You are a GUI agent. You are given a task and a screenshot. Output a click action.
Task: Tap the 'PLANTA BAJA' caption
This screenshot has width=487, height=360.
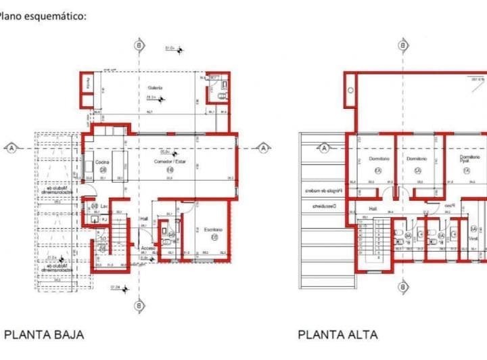45,334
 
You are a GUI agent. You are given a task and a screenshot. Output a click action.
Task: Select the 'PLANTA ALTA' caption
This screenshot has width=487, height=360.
338,334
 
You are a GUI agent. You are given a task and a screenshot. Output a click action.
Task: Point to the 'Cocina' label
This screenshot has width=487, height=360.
102,162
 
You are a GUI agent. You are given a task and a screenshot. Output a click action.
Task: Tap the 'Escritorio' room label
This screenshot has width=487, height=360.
214,230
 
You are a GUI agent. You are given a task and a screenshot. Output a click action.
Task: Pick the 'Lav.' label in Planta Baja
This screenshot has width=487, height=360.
105,206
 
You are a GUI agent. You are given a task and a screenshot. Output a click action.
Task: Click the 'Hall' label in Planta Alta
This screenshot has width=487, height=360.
371,209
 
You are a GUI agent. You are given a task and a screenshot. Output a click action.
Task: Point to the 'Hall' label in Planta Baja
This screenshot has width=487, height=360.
143,219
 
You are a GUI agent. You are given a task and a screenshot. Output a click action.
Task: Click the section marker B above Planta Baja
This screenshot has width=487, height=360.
139,45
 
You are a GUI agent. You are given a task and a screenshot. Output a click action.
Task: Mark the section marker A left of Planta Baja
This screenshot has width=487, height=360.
11,146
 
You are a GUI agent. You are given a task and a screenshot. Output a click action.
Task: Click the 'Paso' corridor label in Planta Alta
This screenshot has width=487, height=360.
448,205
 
